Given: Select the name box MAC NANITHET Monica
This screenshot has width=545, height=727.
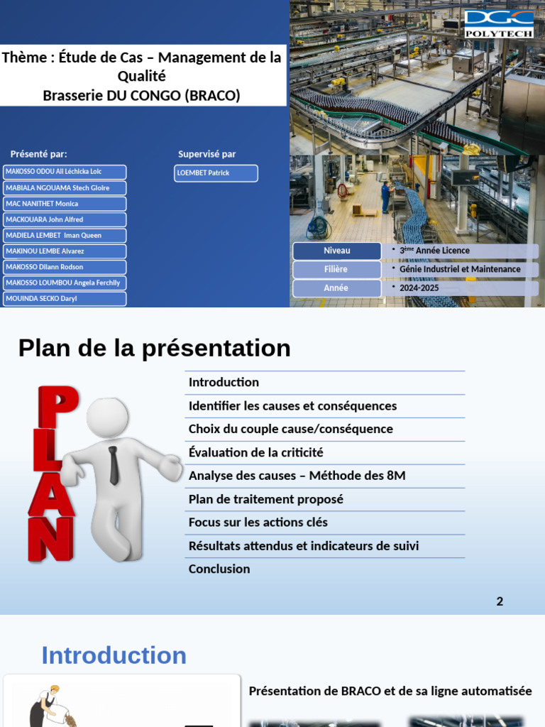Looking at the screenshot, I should click(65, 204).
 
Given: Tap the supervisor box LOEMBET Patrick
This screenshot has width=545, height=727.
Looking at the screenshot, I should click(216, 173).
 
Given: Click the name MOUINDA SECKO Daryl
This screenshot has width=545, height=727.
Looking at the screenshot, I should click(65, 299).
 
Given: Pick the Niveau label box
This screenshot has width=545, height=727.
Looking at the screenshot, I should click(336, 251).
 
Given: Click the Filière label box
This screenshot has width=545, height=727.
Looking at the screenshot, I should click(336, 270).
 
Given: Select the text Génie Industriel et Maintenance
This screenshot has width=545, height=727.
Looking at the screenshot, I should click(460, 270).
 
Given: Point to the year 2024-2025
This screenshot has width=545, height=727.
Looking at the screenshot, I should click(419, 288).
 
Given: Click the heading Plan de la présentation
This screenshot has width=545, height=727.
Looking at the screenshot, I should click(154, 349).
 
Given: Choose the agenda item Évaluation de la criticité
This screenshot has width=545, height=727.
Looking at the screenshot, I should click(255, 452).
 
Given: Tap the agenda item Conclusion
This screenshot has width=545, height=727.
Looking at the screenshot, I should click(219, 569).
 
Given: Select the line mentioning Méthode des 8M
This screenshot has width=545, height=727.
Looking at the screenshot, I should click(297, 476).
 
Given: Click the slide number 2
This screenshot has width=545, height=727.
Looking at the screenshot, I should click(500, 601).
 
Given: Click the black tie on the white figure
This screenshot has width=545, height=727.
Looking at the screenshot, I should click(114, 465).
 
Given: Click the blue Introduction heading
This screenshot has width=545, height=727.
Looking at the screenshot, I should click(114, 655).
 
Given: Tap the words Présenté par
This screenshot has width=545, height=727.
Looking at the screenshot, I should click(39, 154).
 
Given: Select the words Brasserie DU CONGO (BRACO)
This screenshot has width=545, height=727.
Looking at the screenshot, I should click(141, 95).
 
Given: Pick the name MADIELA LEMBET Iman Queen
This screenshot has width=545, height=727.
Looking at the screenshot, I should click(65, 236).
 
